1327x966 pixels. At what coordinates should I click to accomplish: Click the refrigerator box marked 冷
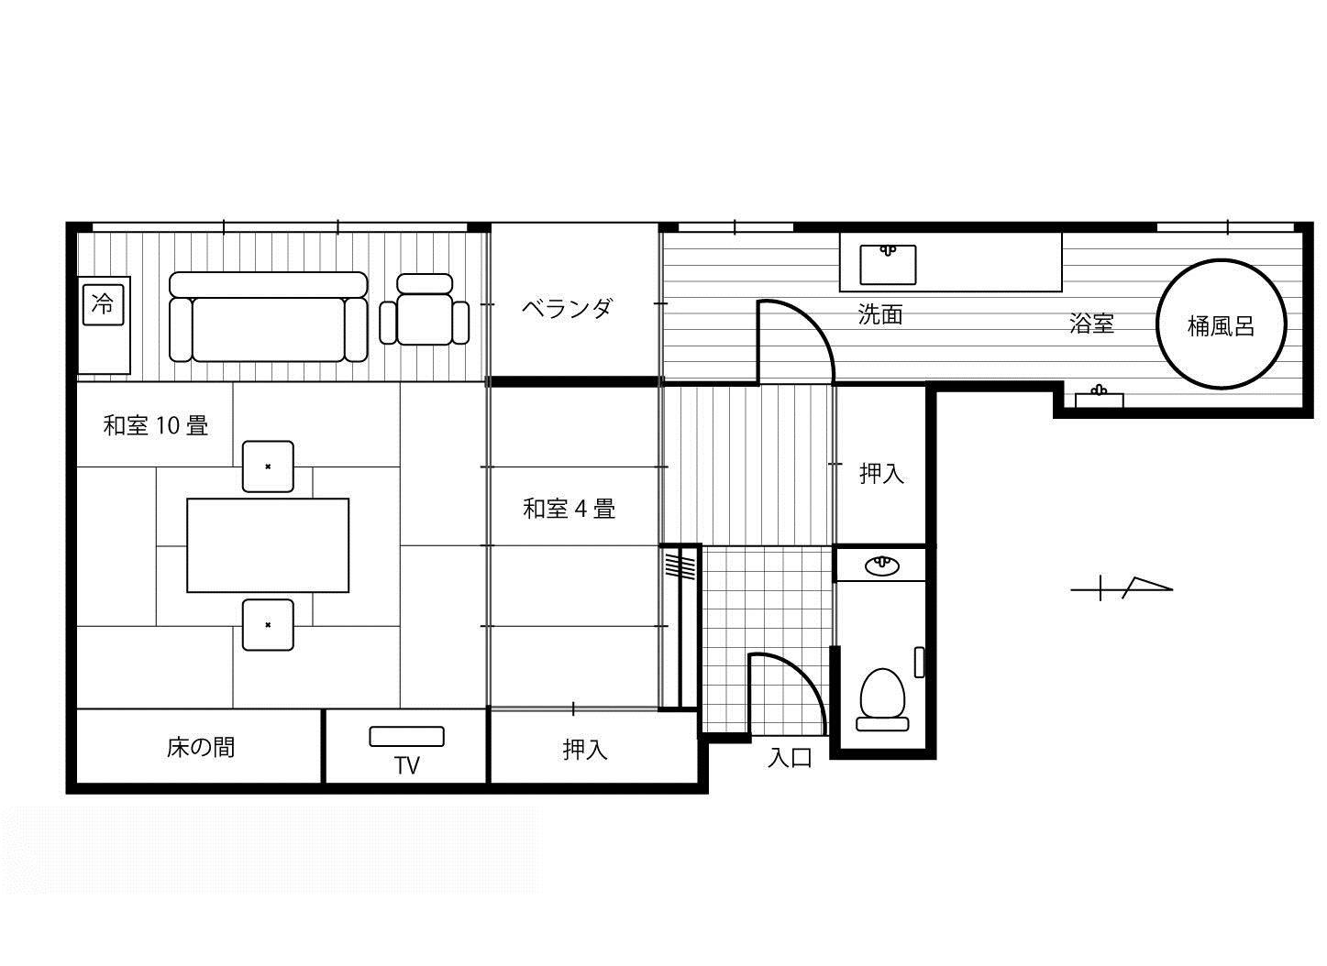coord(103,305)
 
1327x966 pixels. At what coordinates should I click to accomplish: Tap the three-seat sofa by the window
coord(269,317)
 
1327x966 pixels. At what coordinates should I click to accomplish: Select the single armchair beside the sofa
coord(425,309)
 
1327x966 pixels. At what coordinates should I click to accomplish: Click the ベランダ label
coord(567,308)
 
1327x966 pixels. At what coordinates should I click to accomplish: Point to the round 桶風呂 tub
coord(1221,324)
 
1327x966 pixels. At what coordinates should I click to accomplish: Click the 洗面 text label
coord(880,314)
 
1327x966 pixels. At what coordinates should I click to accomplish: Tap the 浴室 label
coord(1092,324)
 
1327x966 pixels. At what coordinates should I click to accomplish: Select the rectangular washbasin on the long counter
coord(888,265)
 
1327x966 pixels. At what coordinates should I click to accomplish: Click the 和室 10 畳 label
coord(156,425)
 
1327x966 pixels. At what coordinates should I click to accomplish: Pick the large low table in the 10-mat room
coord(268,545)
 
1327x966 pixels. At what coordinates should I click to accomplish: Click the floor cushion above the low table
coord(268,467)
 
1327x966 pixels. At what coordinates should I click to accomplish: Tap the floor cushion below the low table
coord(268,625)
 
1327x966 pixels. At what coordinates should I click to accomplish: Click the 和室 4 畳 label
coord(570,509)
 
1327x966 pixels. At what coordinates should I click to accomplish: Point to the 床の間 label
coord(200,748)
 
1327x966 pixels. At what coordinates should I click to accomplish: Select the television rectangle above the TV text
coord(407,736)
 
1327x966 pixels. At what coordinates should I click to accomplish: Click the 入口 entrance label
coord(790,758)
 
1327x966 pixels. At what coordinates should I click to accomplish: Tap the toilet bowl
coord(883,699)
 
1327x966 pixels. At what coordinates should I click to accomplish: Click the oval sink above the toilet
coord(882,565)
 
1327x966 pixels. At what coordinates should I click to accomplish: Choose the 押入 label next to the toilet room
coord(882,474)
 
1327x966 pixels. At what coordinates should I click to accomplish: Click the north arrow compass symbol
coord(1122,588)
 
